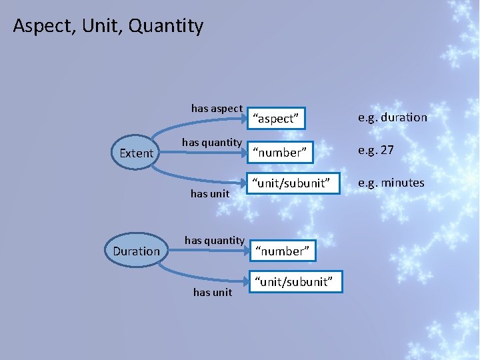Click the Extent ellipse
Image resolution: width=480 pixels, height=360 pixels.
point(136,153)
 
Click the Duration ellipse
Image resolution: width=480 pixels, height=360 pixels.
point(136,251)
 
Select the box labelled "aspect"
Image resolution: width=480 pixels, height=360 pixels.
point(276,119)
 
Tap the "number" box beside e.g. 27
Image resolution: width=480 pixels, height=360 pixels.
point(279,153)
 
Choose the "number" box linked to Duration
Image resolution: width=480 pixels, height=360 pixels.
point(284,251)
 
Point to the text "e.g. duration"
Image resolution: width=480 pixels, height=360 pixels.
point(393,117)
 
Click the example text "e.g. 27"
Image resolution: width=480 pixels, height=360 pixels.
point(376,150)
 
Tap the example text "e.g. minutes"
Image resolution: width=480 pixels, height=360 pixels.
point(391,183)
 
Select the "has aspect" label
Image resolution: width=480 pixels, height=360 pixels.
point(217,108)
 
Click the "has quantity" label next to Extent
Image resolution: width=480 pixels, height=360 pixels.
point(211,142)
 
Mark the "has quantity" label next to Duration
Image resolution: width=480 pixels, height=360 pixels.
point(214,240)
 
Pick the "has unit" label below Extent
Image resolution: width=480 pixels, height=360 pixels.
point(210,193)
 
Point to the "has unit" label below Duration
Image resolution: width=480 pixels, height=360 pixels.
point(213,292)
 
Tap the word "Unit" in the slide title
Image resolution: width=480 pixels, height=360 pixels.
point(103,27)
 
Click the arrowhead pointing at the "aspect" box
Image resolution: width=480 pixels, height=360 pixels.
point(243,119)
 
